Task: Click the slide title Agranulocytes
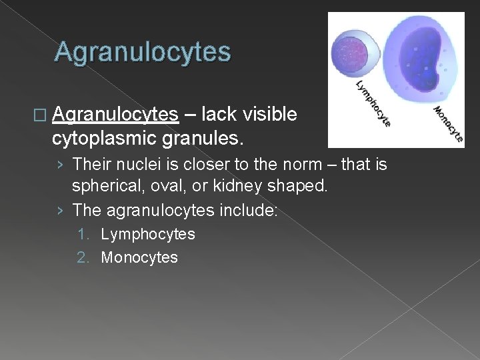pyautogui.click(x=143, y=52)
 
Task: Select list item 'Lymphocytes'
pyautogui.click(x=147, y=234)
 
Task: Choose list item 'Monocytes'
pyautogui.click(x=139, y=257)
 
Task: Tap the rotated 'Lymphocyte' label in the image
pyautogui.click(x=373, y=104)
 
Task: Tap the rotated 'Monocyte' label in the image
pyautogui.click(x=448, y=124)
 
